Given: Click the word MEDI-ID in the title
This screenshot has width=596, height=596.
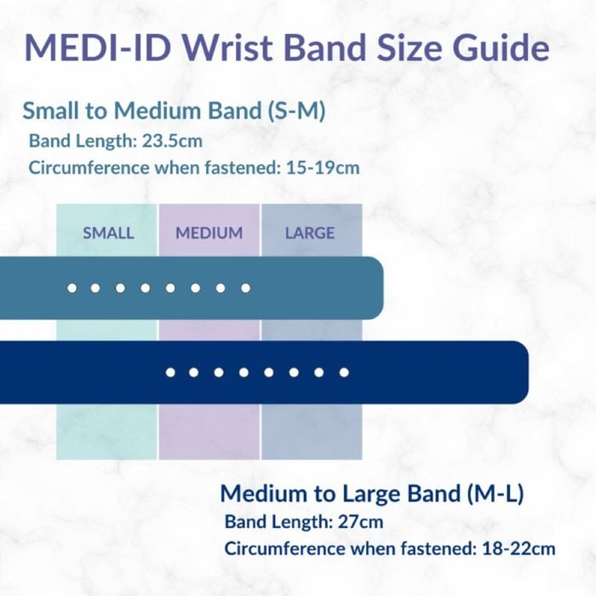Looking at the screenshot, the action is [97, 48].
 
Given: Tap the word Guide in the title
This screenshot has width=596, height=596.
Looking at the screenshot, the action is [501, 48].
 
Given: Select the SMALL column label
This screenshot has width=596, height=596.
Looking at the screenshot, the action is [108, 232].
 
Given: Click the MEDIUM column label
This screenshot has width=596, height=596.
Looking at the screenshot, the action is [209, 232].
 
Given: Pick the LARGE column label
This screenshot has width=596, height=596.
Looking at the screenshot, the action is [310, 232].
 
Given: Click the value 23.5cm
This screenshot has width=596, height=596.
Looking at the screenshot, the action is [172, 141].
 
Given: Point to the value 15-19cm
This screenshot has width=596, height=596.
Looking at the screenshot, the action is [323, 168].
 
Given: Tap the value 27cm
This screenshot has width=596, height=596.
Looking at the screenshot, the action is [360, 521].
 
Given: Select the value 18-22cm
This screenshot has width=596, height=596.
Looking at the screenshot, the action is [519, 548].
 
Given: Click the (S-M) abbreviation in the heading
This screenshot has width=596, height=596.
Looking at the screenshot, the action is [295, 111].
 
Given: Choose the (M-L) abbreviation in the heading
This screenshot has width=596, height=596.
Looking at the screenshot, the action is [495, 493].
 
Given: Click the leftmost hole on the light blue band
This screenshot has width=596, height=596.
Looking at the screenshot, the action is [72, 288].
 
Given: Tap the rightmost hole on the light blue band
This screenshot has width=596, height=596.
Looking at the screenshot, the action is [245, 288].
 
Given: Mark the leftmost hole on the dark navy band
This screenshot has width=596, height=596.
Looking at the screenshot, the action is [170, 373].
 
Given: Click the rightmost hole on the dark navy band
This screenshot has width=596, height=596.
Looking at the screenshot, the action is [344, 373].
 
